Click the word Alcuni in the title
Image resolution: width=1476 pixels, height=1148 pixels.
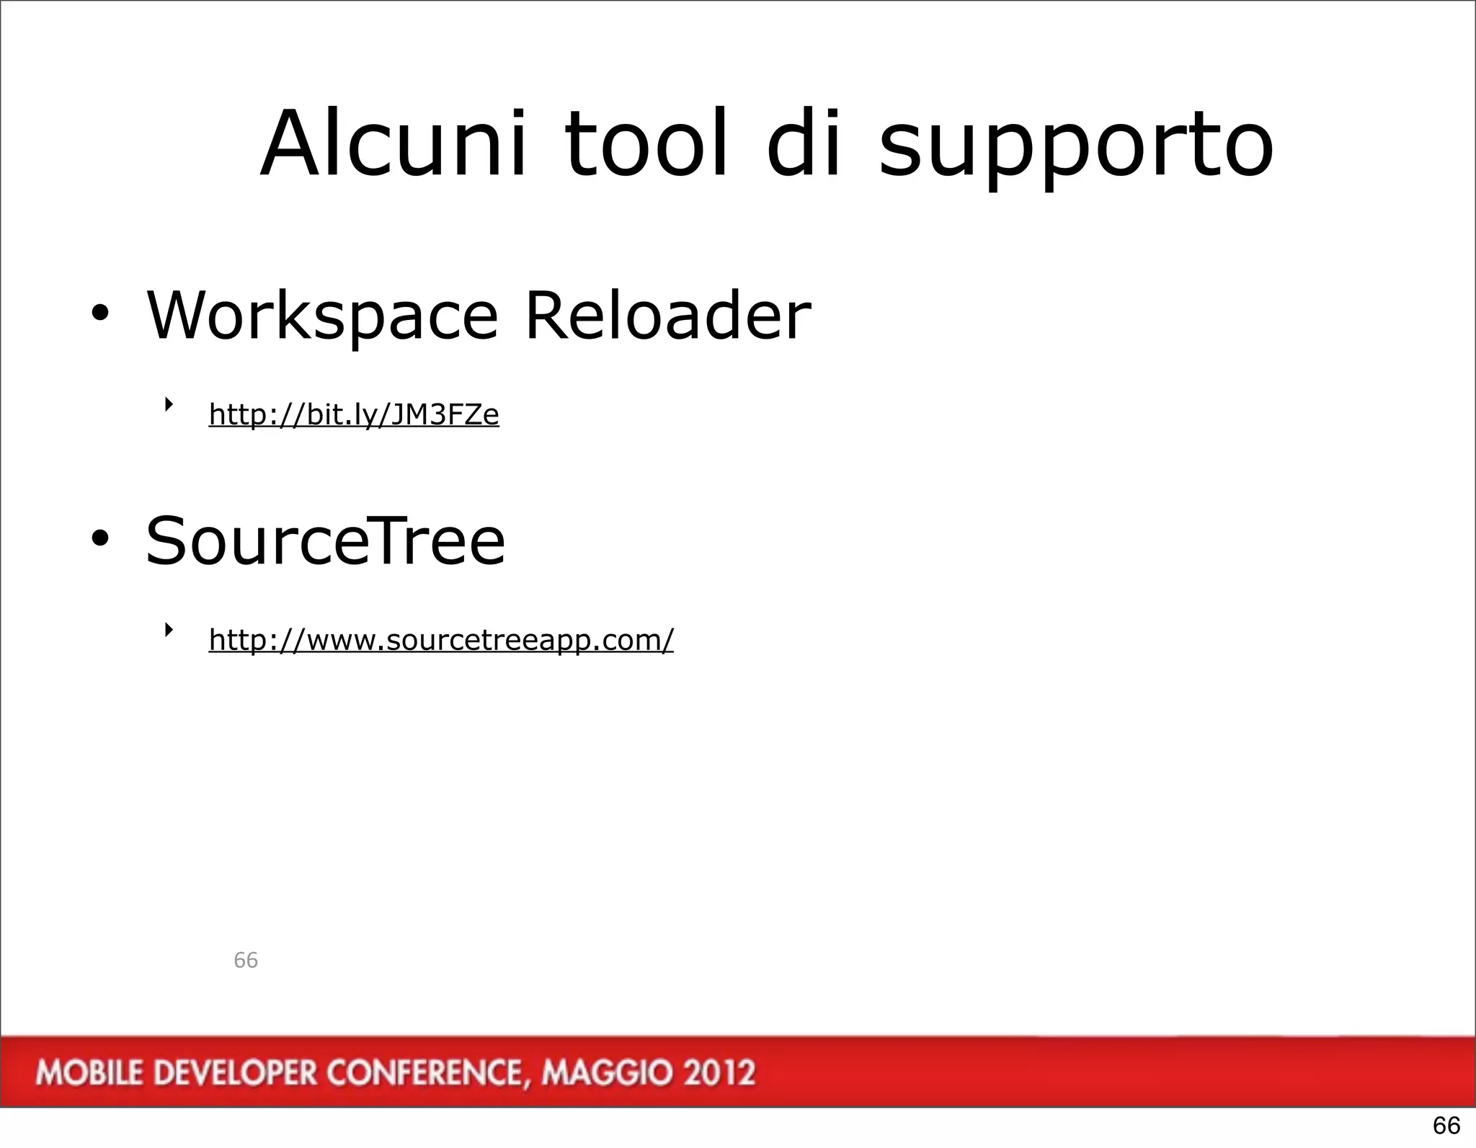click(x=394, y=144)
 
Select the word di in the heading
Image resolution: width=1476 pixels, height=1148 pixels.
click(x=804, y=144)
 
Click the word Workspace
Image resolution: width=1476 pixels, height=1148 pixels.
click(x=322, y=317)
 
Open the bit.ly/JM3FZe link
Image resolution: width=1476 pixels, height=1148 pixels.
click(x=354, y=415)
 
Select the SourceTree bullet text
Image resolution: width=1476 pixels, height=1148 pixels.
click(x=326, y=541)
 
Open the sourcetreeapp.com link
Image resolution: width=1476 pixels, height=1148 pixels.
click(x=441, y=640)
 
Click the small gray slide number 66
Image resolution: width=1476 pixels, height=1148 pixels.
click(x=246, y=960)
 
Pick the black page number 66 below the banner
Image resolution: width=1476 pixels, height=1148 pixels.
click(x=1446, y=1125)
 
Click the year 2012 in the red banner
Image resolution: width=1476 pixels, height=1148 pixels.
click(x=719, y=1073)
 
